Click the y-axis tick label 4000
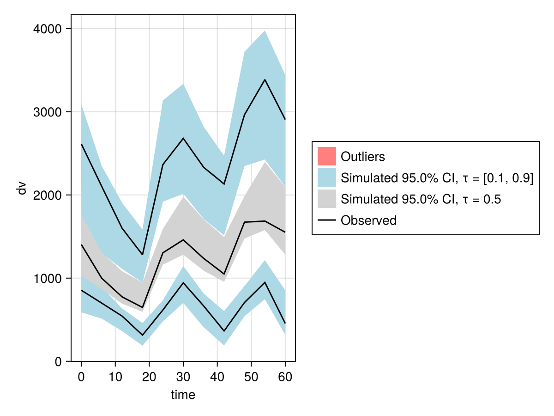click(48, 29)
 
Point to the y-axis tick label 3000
click(48, 112)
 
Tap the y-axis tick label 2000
click(48, 196)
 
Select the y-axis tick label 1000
click(48, 278)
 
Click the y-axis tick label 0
click(58, 362)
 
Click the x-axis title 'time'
click(183, 395)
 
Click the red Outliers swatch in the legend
click(326, 156)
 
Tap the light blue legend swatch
click(326, 177)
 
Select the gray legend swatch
click(326, 199)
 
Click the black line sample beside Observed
click(326, 220)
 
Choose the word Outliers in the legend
click(363, 157)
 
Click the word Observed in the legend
click(368, 220)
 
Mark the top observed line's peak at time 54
click(265, 80)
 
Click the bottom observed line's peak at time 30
click(183, 282)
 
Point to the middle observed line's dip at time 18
click(143, 307)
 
